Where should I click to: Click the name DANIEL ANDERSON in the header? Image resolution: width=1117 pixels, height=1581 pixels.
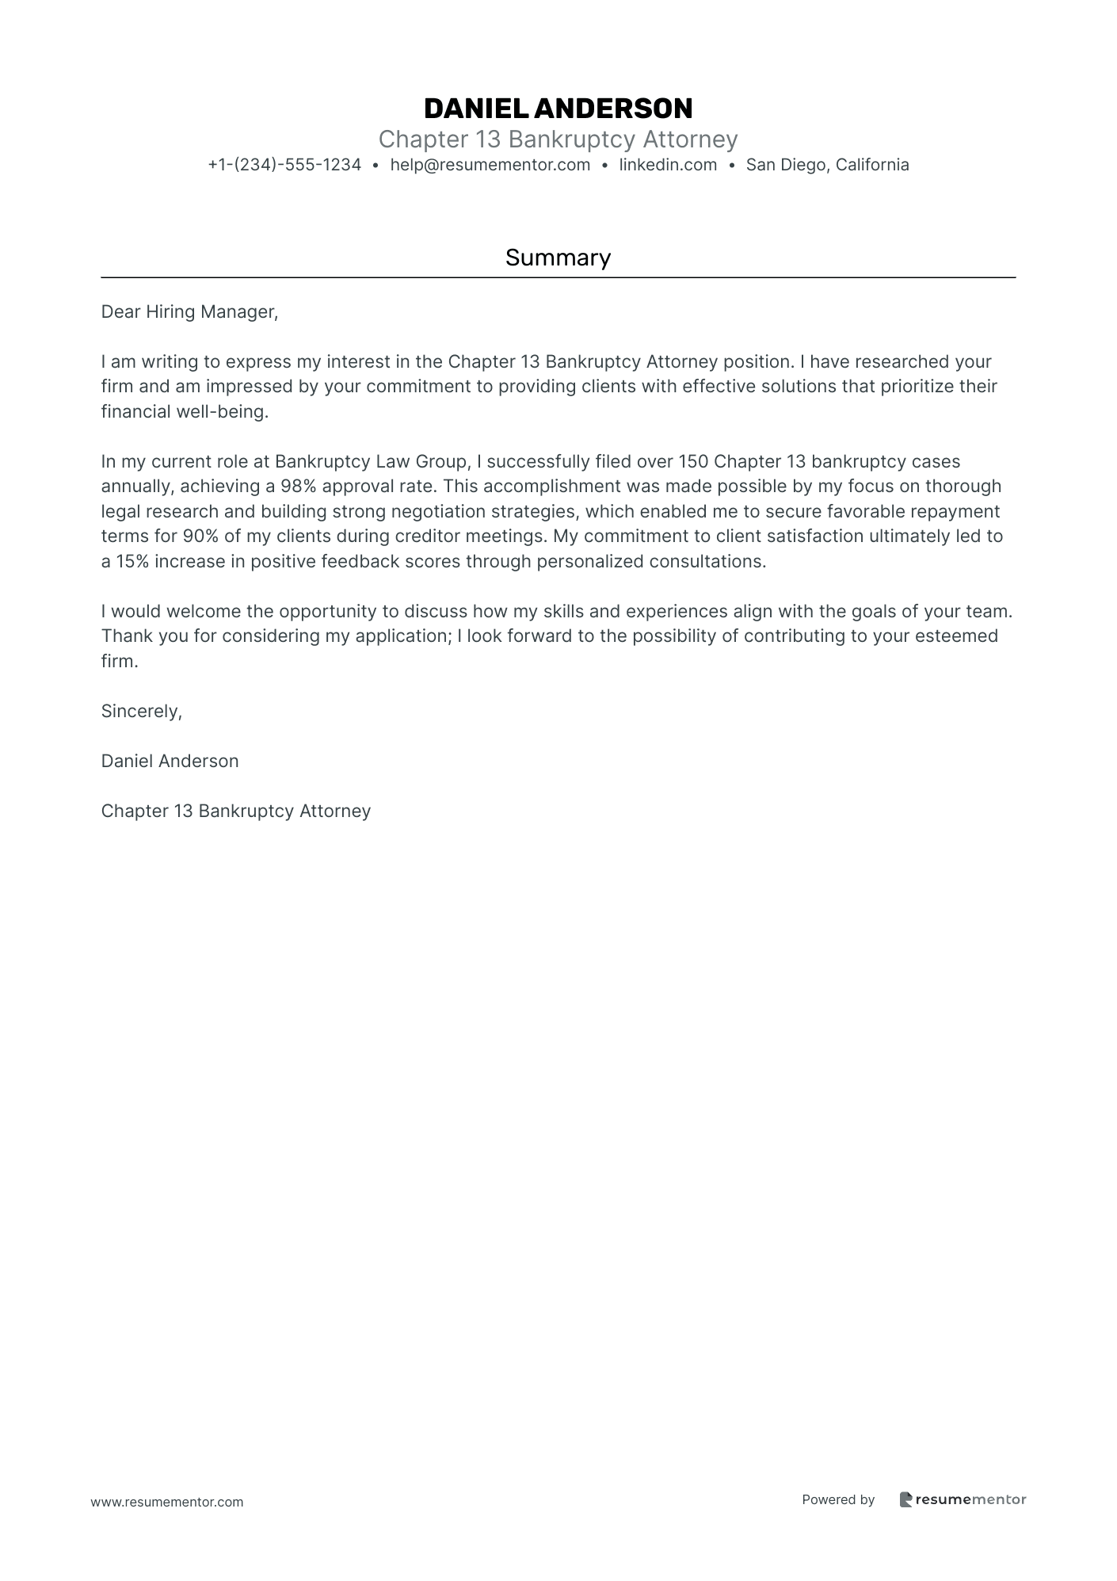558,109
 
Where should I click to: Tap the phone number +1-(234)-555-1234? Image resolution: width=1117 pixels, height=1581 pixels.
284,165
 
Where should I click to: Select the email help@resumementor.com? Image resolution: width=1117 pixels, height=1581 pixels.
490,165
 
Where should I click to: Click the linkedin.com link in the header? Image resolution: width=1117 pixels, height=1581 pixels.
668,165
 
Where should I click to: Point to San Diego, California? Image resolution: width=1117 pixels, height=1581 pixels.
827,165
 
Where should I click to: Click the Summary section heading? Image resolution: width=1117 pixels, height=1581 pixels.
558,258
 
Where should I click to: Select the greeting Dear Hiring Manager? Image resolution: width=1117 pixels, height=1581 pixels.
189,312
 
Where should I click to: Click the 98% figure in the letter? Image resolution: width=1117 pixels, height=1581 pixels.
299,487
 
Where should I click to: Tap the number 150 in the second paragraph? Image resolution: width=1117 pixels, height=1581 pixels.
693,461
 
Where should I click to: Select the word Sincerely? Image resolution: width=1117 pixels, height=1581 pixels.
141,712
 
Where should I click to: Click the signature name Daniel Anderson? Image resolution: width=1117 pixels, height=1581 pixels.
170,762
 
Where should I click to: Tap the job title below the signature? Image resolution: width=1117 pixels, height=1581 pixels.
236,812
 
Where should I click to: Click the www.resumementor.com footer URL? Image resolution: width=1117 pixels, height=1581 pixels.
167,1502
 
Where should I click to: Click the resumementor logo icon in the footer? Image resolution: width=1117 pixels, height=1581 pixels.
905,1499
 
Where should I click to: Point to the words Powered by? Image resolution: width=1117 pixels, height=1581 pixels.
838,1499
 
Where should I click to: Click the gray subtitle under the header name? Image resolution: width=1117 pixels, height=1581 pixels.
558,139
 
